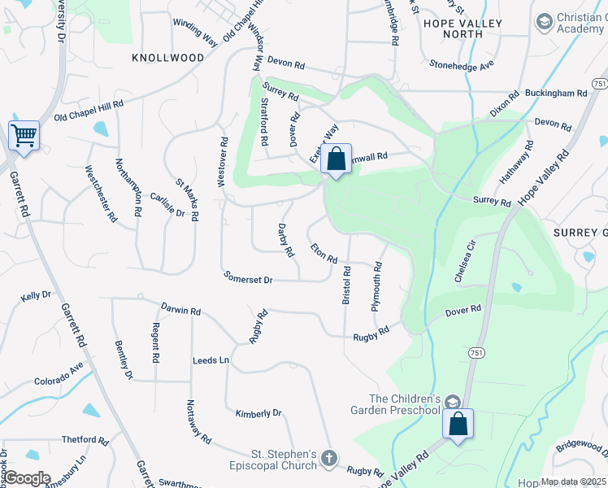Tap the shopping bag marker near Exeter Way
tap(336, 159)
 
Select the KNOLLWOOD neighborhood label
tap(168, 58)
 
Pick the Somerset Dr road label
tap(248, 279)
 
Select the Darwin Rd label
tap(180, 311)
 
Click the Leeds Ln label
tap(211, 359)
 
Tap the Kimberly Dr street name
tap(258, 414)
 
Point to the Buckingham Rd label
tap(556, 94)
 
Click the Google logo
tap(27, 478)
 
